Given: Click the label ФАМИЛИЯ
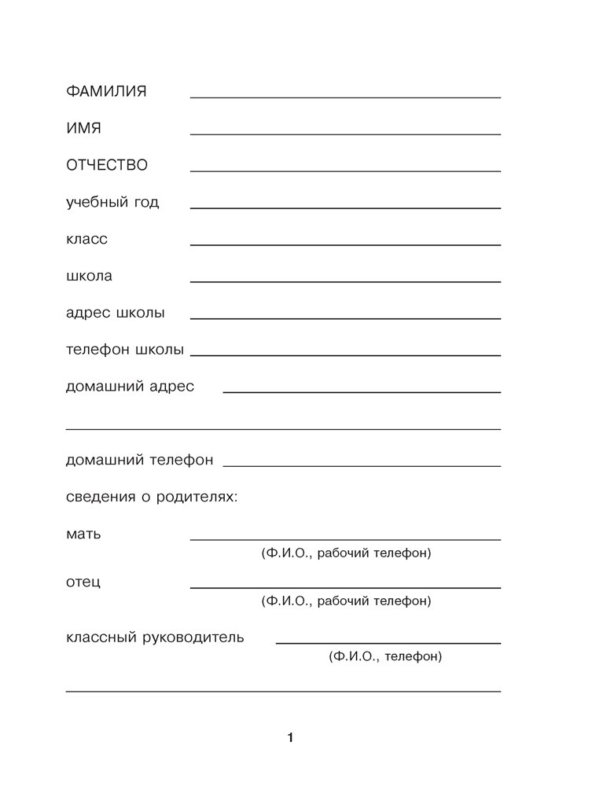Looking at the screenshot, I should coord(106,91).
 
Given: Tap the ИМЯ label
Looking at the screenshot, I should coord(84,128).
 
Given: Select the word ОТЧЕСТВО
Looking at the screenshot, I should coord(106,165).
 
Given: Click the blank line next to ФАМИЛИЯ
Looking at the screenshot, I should coord(345,97).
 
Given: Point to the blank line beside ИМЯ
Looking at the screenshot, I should coord(345,134).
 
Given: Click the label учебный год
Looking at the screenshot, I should coord(112,203).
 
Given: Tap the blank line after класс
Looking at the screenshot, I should coord(345,244).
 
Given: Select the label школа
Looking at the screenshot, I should coord(90,277).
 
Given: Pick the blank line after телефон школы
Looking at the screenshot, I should coord(345,355).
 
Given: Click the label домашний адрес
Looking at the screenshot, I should coord(130,387).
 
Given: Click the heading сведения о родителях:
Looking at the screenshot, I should coord(152,498).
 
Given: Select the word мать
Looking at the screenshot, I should coord(84,534).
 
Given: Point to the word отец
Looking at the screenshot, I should coord(83,582).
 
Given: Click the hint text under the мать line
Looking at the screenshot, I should coord(346,554).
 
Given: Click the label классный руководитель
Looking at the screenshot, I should coord(155,637).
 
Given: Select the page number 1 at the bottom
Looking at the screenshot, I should coord(290,738).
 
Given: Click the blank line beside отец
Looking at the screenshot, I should coord(345,587).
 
